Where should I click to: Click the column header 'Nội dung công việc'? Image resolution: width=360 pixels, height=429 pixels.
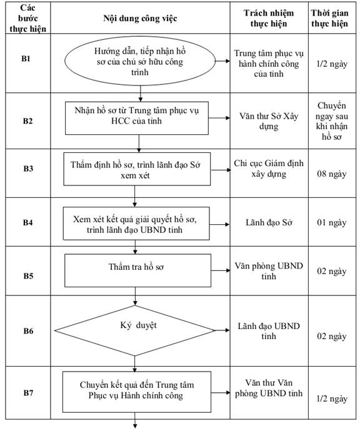[x=140, y=18]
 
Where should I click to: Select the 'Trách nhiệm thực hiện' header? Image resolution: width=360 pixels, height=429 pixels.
[x=269, y=18]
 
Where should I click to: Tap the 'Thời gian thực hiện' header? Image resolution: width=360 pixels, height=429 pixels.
[x=329, y=18]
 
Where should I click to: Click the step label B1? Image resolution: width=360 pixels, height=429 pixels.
[x=26, y=59]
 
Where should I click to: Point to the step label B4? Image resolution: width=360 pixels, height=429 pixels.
[x=27, y=222]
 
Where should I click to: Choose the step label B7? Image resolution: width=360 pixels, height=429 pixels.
[x=28, y=393]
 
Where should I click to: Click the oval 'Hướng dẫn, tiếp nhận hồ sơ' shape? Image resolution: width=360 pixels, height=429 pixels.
[x=140, y=61]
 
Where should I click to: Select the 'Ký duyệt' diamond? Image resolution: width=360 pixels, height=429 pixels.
[x=135, y=330]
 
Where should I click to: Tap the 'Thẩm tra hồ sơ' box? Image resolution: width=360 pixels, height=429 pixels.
[x=137, y=270]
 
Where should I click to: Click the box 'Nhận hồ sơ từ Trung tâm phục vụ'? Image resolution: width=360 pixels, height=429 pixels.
[x=137, y=118]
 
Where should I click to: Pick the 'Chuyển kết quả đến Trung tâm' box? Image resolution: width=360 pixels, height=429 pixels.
[x=137, y=392]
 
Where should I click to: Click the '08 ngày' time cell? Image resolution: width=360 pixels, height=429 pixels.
[x=331, y=174]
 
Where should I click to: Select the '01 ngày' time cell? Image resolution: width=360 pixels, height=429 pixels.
[x=331, y=222]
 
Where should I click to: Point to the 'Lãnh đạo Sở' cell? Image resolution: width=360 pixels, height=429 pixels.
[x=269, y=222]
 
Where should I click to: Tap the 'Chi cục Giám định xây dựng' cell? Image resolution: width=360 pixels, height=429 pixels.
[x=269, y=169]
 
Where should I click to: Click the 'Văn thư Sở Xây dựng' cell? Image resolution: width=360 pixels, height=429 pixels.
[x=269, y=121]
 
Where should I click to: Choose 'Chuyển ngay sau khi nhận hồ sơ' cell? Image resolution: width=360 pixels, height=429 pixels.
[x=331, y=121]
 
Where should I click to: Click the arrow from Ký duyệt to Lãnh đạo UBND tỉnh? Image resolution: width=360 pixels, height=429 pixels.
[x=222, y=330]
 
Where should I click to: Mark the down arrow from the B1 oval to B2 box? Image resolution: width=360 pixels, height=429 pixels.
[x=141, y=94]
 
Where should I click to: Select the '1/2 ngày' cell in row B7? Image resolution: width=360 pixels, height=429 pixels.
[x=332, y=398]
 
